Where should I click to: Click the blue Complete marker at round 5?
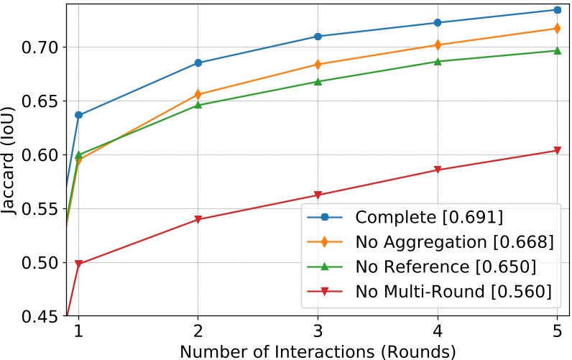click(x=557, y=9)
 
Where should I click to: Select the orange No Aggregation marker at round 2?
click(x=198, y=95)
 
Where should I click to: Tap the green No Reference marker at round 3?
click(x=318, y=82)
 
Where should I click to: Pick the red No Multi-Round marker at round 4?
click(x=438, y=170)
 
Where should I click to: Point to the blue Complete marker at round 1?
click(x=78, y=115)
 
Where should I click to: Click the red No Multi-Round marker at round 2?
click(x=198, y=219)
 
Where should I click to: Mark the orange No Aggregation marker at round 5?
click(x=557, y=28)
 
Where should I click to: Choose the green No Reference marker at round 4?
click(x=438, y=61)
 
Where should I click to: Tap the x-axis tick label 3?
click(x=318, y=333)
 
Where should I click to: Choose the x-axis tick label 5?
click(x=557, y=333)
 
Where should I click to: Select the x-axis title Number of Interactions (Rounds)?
click(x=318, y=351)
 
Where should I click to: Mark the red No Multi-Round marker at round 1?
click(x=78, y=264)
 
